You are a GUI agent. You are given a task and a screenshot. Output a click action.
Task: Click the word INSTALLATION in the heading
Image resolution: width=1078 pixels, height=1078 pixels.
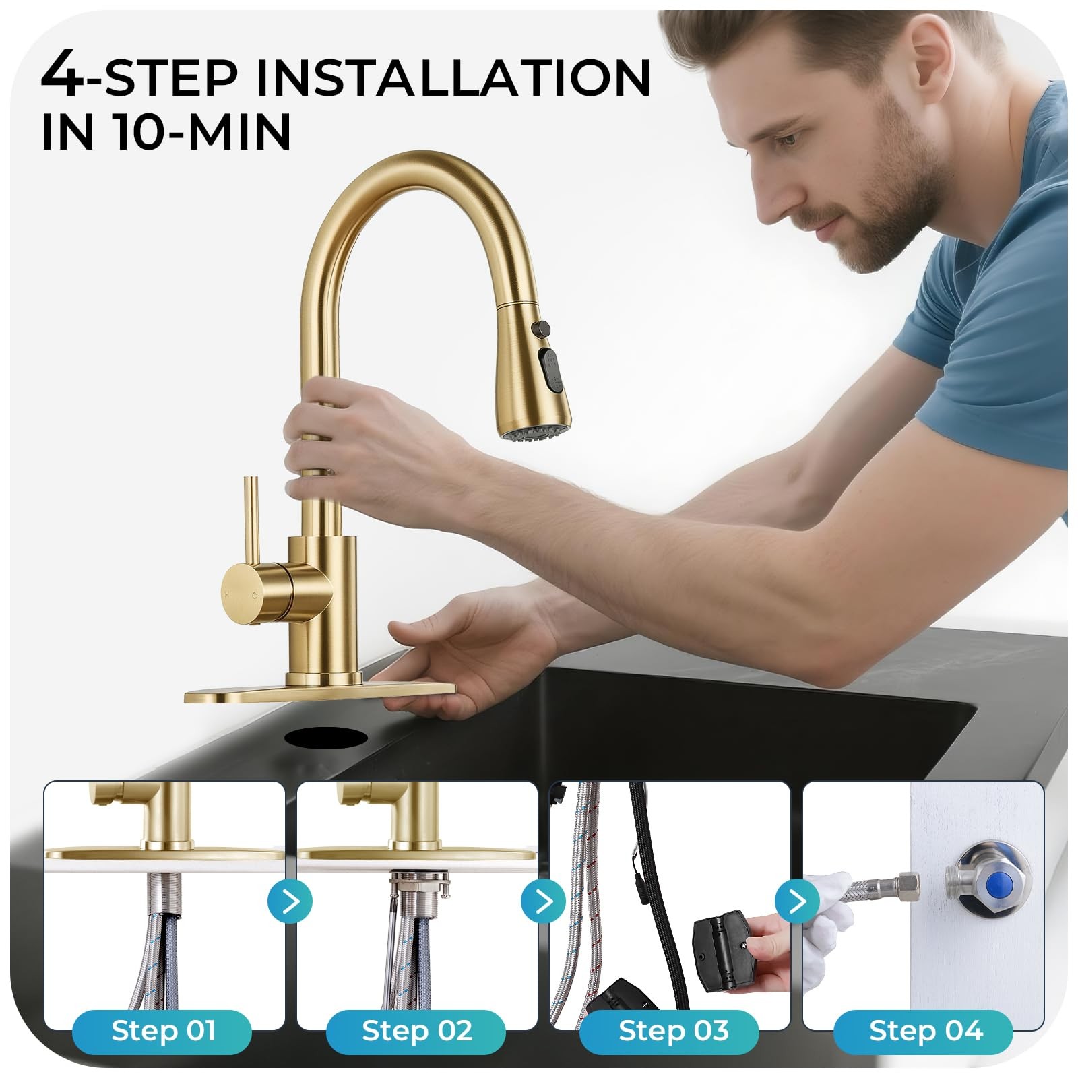(453, 78)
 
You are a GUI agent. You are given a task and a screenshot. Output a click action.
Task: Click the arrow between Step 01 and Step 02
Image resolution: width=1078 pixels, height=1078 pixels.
(290, 901)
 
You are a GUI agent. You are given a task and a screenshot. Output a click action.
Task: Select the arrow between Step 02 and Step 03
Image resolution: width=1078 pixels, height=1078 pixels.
(544, 901)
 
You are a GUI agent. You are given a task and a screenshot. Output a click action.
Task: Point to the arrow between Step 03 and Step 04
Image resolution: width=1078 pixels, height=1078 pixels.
(797, 901)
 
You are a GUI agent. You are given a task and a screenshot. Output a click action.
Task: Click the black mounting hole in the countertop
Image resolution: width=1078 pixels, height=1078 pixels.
(326, 736)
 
